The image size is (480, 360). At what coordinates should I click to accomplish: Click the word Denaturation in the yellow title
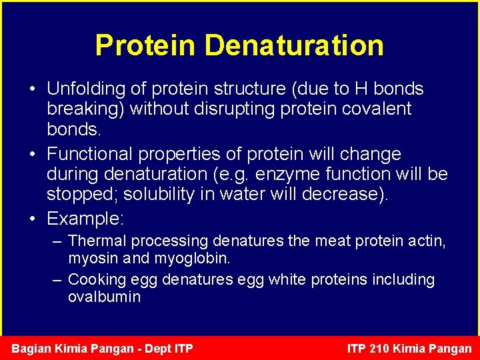[x=294, y=45]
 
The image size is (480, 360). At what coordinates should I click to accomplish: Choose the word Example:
[x=85, y=219]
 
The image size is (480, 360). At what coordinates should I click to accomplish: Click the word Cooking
[x=97, y=280]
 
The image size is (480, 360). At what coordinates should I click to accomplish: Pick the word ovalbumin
[x=104, y=297]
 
